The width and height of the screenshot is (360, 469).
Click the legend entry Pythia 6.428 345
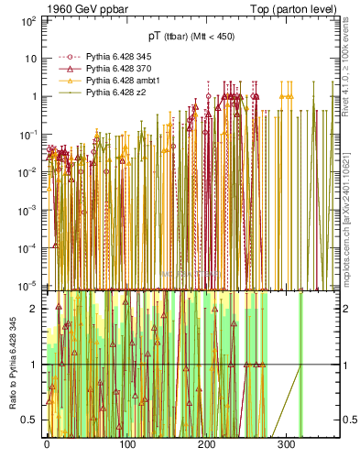click(109, 57)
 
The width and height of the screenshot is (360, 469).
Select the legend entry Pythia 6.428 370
click(109, 69)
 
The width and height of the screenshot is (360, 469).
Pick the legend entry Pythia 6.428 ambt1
click(112, 81)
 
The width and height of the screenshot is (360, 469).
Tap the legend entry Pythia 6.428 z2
click(105, 93)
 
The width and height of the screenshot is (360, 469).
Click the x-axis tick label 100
click(127, 445)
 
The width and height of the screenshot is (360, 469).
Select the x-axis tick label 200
click(207, 445)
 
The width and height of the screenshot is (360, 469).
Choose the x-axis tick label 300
click(287, 445)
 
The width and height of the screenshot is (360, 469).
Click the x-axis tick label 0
click(48, 445)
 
